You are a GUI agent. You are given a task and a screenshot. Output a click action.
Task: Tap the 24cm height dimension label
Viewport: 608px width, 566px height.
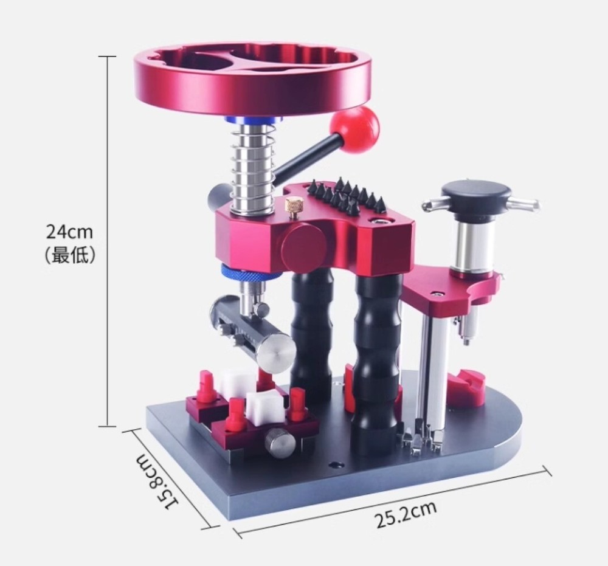pos(70,232)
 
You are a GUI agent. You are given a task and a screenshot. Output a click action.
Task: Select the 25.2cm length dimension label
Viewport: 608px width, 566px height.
pos(406,514)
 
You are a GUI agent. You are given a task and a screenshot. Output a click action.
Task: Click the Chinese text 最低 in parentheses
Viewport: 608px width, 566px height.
pos(70,255)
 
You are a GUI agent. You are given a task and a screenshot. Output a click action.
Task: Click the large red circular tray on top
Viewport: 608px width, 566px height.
pos(252,82)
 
